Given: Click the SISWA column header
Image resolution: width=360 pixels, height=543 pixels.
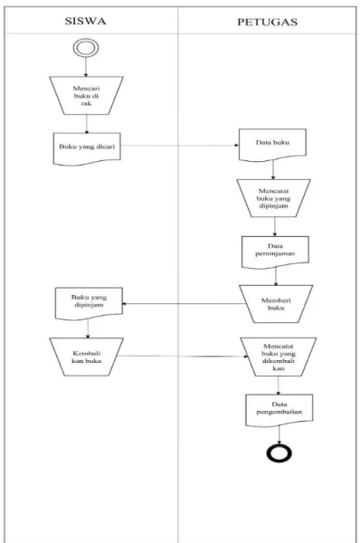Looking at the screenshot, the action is click(x=86, y=21).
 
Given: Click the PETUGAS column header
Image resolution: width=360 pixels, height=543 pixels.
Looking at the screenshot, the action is click(x=267, y=22).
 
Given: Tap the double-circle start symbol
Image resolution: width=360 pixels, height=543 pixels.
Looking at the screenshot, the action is click(x=86, y=48).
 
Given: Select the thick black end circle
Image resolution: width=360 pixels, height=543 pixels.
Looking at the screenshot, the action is click(x=279, y=453).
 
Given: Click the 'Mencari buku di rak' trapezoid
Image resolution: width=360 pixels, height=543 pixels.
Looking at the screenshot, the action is click(x=86, y=96).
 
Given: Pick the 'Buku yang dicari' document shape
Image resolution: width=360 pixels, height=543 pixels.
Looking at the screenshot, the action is click(x=87, y=148).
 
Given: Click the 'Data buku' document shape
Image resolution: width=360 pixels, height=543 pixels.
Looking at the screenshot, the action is click(x=272, y=145).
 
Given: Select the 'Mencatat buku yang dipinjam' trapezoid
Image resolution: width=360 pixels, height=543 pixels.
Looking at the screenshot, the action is click(x=273, y=198).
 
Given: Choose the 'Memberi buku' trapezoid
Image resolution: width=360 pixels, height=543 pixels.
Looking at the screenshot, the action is click(x=276, y=304).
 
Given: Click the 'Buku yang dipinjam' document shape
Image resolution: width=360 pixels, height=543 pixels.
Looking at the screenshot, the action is click(x=89, y=303).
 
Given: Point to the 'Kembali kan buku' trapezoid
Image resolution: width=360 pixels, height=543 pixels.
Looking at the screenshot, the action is click(x=87, y=357).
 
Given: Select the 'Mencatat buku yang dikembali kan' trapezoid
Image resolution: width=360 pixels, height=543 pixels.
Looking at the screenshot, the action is click(x=279, y=357).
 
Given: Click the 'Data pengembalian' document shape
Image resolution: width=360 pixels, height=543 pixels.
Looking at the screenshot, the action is click(x=279, y=410).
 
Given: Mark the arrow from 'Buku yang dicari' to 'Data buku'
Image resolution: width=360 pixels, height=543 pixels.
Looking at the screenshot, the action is click(x=180, y=146).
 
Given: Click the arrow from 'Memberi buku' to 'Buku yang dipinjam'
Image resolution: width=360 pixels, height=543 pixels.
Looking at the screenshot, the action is click(x=184, y=304).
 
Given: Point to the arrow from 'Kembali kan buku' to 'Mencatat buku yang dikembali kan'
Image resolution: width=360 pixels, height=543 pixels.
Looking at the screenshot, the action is click(x=183, y=357).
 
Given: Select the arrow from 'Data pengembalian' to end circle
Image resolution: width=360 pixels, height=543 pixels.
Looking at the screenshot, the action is click(x=279, y=434).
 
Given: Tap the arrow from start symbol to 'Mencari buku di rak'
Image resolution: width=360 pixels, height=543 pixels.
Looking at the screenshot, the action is click(x=86, y=67).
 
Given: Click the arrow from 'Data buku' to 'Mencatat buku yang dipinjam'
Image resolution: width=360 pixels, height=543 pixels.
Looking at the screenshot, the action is click(x=273, y=170).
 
